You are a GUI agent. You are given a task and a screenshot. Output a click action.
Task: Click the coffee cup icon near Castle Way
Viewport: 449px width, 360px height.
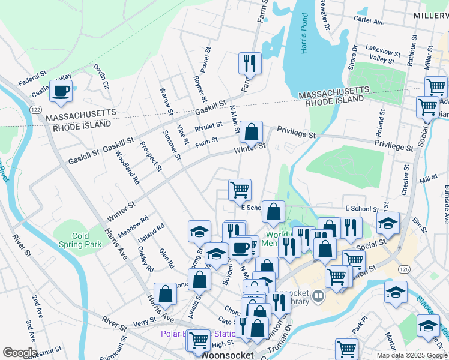pyautogui.click(x=61, y=91)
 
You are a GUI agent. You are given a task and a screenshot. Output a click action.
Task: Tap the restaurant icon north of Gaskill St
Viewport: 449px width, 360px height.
pyautogui.click(x=249, y=62)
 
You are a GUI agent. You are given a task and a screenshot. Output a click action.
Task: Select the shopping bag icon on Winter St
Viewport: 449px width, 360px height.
pyautogui.click(x=253, y=131)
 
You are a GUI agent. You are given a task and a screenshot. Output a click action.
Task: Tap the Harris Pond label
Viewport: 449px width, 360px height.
pyautogui.click(x=304, y=42)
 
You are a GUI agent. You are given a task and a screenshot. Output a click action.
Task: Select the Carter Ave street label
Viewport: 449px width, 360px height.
pyautogui.click(x=369, y=20)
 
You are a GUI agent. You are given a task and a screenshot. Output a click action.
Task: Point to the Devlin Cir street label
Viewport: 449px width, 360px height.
pyautogui.click(x=101, y=76)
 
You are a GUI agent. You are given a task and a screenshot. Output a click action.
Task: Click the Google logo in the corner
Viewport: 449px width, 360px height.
pyautogui.click(x=20, y=352)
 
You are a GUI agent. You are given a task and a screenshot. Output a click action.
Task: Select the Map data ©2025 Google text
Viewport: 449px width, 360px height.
pyautogui.click(x=411, y=355)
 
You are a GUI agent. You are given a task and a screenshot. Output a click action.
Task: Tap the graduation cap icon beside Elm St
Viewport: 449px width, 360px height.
pyautogui.click(x=388, y=224)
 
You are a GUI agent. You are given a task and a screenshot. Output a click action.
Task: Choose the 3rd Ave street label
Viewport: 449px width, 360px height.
pyautogui.click(x=31, y=332)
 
